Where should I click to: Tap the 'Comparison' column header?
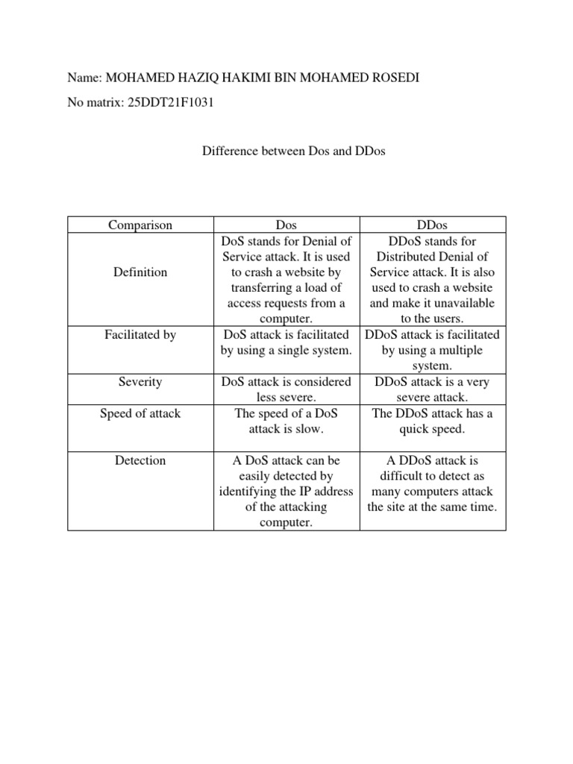(x=140, y=225)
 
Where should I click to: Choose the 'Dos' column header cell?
(x=286, y=225)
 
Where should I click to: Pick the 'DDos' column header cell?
(x=433, y=225)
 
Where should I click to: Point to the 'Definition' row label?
(x=140, y=272)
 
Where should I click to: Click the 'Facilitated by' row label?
(x=140, y=335)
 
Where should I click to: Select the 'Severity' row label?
(x=140, y=381)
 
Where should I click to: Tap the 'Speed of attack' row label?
(x=140, y=413)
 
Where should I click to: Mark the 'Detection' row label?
(x=140, y=460)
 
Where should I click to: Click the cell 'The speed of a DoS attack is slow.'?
(x=286, y=421)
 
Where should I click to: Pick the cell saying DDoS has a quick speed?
(x=433, y=421)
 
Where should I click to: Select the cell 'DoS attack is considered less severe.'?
(x=286, y=389)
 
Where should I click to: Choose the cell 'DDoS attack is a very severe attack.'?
(x=433, y=389)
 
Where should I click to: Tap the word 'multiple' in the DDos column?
(x=458, y=351)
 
